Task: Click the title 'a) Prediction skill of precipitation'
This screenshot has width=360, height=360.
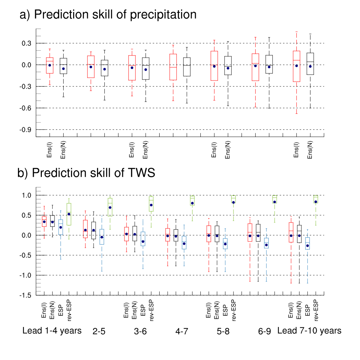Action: (x=108, y=15)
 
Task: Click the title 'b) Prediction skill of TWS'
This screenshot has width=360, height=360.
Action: (x=86, y=173)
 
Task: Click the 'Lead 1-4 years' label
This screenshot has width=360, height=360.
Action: (x=52, y=331)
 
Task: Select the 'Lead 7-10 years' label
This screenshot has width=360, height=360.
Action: (x=309, y=331)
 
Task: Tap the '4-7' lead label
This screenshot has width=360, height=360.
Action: (x=182, y=332)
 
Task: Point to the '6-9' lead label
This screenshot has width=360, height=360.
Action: (x=264, y=332)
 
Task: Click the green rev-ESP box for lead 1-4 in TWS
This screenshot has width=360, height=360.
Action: (x=69, y=214)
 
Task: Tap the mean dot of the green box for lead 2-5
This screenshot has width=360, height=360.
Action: (x=110, y=207)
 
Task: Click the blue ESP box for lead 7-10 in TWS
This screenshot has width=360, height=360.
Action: (x=308, y=243)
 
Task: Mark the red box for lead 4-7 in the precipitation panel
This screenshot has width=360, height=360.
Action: (x=173, y=67)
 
